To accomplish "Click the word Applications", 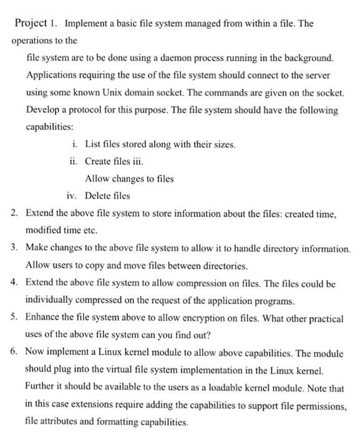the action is pyautogui.click(x=54, y=76).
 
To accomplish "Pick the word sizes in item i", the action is pyautogui.click(x=222, y=145).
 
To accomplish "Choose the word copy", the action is pyautogui.click(x=95, y=266).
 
